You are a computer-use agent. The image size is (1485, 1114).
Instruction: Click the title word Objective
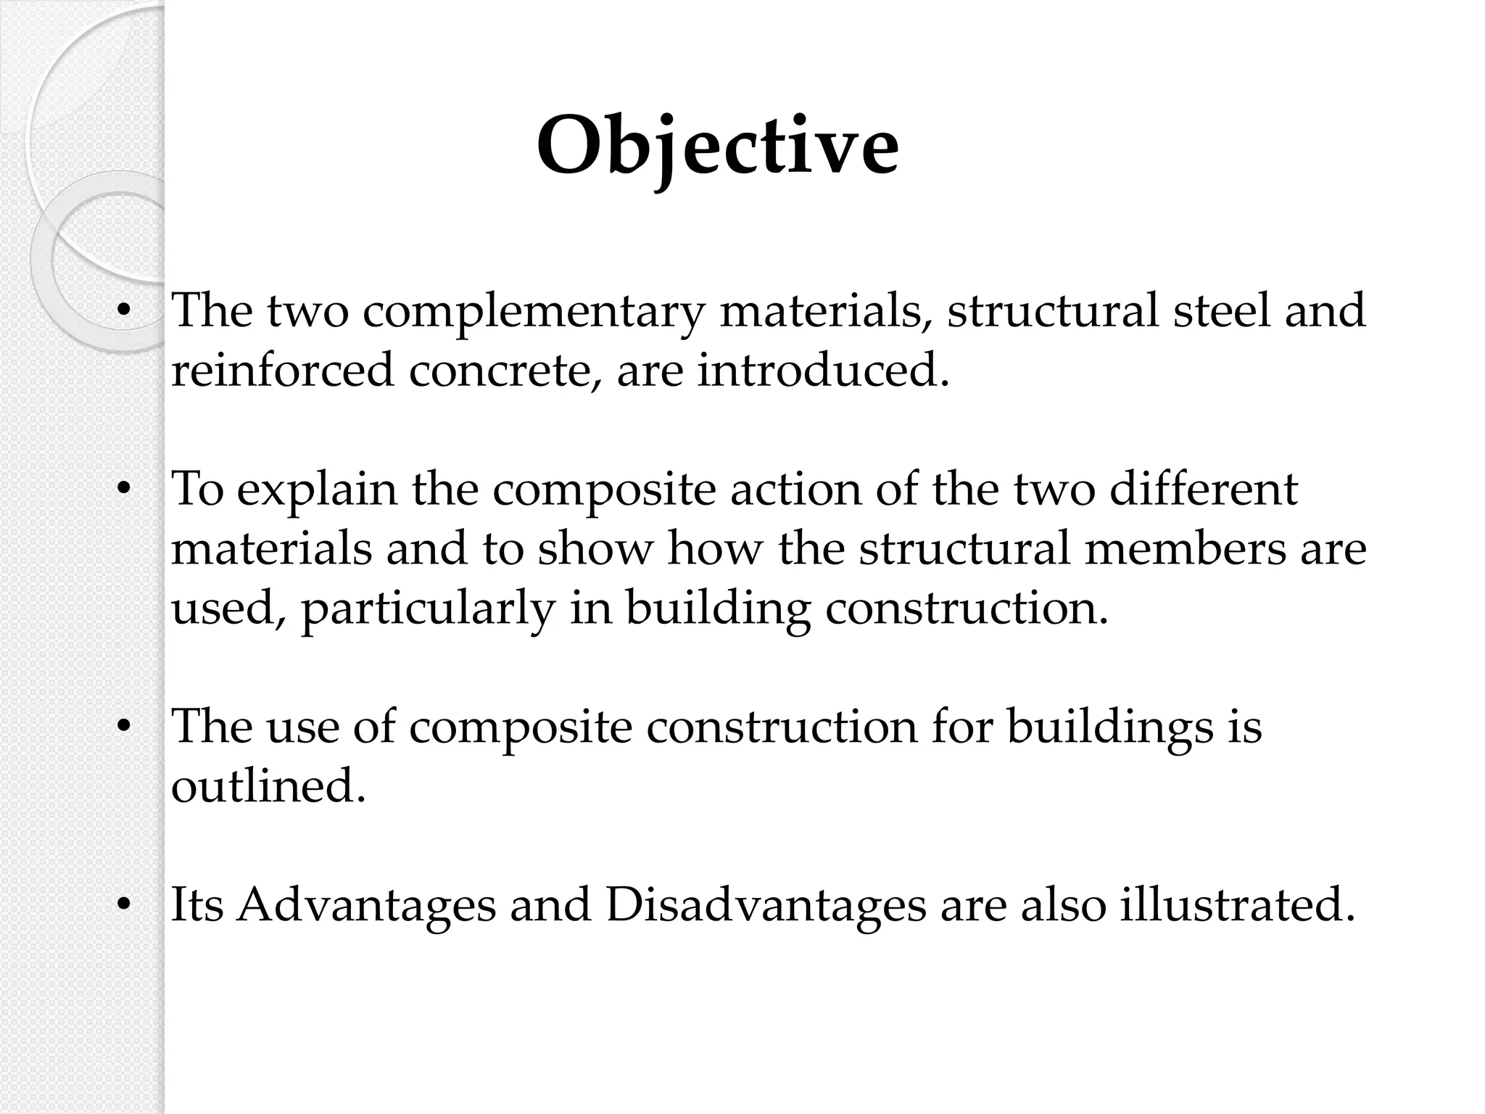[x=717, y=147]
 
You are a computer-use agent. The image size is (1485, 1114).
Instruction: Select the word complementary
[x=533, y=311]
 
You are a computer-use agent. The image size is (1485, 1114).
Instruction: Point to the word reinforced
[x=282, y=370]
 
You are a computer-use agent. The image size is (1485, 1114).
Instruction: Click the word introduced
[x=822, y=370]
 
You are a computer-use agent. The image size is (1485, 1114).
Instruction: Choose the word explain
[x=317, y=490]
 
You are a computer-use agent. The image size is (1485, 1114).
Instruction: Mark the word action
[x=795, y=490]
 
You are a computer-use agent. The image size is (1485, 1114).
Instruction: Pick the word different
[x=1203, y=490]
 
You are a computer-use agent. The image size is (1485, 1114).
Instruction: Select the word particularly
[x=428, y=609]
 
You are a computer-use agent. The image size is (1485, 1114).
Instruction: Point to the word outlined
[x=268, y=785]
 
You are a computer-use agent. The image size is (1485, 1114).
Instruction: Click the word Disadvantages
[x=766, y=905]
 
